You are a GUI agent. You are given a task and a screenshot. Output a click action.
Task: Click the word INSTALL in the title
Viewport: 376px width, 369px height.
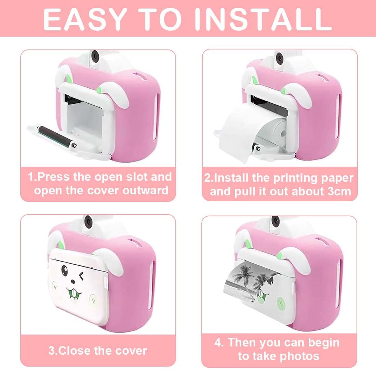(263, 19)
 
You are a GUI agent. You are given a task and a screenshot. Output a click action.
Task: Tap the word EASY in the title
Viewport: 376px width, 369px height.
(85, 19)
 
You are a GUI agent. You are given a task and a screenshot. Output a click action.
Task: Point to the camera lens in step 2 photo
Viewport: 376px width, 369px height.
(279, 57)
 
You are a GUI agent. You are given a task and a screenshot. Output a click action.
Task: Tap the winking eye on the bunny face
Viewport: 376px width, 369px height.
(82, 276)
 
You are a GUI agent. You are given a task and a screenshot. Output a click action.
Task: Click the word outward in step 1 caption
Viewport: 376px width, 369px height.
(146, 191)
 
